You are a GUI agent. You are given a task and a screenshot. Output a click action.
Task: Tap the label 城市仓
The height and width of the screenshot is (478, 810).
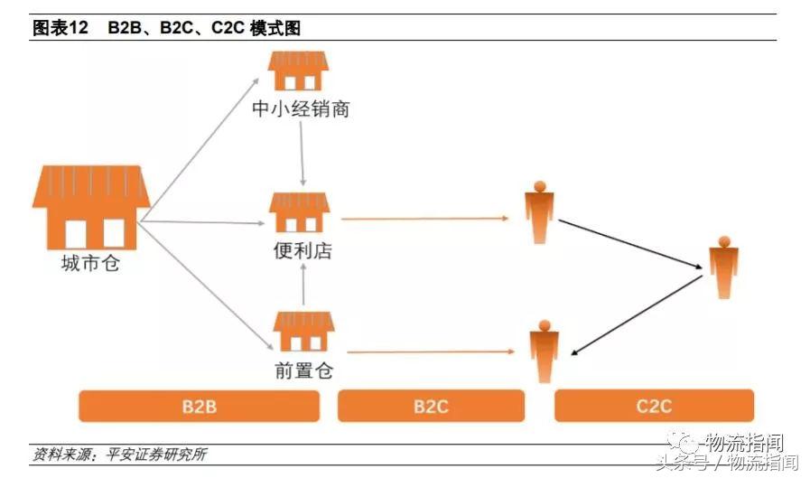90,264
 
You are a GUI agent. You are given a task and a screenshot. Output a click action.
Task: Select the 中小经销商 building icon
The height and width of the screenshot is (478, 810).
299,70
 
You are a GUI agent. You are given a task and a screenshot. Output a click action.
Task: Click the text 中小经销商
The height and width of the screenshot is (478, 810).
301,109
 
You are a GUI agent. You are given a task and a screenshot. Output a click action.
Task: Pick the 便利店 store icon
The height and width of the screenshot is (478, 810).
300,213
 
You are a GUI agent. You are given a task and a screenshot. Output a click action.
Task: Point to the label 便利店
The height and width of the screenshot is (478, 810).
303,251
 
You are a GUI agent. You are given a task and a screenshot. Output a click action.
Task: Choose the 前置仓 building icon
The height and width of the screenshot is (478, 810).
303,331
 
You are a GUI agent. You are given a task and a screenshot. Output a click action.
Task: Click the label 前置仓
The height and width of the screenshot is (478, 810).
304,370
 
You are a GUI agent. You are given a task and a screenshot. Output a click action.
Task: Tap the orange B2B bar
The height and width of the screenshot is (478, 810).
199,406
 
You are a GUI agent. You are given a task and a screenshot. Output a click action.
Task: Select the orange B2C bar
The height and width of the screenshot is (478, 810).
431,406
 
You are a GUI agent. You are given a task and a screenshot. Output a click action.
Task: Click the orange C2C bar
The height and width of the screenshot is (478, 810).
653,406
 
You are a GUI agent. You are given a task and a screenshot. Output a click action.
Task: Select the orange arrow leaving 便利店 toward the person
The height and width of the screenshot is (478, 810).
424,219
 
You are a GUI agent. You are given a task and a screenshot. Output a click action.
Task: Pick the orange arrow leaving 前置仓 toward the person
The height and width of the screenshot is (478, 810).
429,351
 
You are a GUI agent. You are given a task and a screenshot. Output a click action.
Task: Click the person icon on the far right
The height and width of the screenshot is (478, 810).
722,267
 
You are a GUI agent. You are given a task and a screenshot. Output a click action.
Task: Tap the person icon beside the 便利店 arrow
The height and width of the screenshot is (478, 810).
539,213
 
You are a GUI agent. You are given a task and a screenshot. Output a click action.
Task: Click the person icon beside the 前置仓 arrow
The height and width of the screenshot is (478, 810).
543,351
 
